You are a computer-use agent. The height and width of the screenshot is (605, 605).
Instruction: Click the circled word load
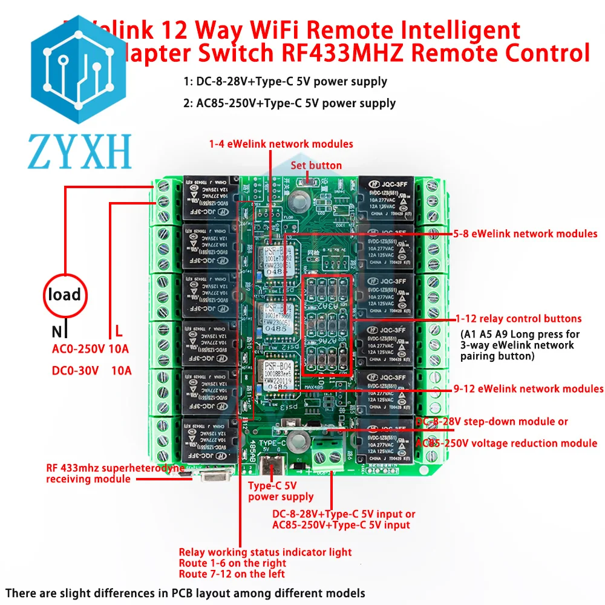click(64, 295)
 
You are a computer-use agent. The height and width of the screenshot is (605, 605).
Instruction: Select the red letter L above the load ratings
click(119, 331)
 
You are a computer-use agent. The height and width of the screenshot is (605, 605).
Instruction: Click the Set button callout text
click(316, 165)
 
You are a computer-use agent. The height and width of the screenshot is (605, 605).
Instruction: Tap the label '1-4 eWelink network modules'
click(281, 144)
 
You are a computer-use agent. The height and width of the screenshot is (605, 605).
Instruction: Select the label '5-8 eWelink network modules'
click(525, 234)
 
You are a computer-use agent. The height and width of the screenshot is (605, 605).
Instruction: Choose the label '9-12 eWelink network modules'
click(528, 388)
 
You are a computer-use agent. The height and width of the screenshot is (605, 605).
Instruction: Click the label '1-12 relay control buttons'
click(518, 318)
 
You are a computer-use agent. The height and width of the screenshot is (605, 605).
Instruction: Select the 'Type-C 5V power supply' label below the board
click(281, 491)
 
